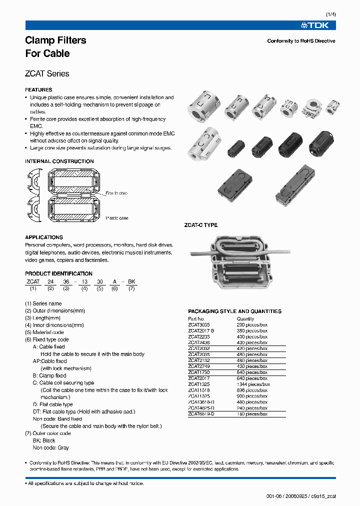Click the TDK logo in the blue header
pos(318,25)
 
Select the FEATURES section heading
pos(38,90)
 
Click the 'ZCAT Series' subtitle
pos(47,73)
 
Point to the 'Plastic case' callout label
pos(116,218)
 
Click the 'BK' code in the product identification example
pos(131,282)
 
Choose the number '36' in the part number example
pos(65,282)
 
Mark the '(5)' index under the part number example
pos(99,289)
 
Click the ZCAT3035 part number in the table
pos(199,324)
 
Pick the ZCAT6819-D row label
pos(201,414)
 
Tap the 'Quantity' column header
pos(245,318)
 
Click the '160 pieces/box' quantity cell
pos(252,414)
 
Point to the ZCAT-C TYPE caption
pos(201,225)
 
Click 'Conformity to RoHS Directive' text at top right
pos(301,41)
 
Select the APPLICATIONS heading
pos(44,237)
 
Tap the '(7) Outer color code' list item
pos(48,433)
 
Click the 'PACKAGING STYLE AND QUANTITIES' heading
pos(234,311)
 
